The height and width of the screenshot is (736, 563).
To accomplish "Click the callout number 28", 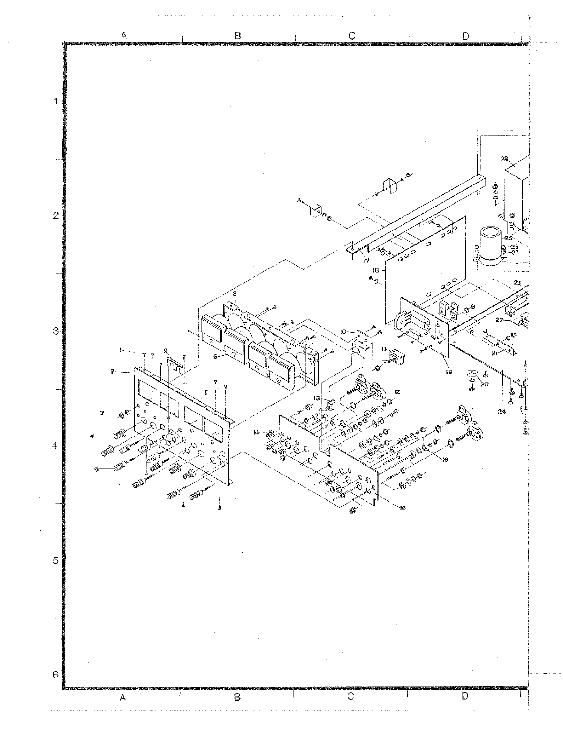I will [510, 158].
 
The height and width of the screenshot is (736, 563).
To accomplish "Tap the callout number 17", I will [365, 261].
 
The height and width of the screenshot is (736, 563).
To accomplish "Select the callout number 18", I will [376, 270].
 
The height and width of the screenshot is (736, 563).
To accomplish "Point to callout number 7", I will [189, 332].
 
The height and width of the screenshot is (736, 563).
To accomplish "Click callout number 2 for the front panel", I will [113, 371].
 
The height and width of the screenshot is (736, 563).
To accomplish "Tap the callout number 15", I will [402, 508].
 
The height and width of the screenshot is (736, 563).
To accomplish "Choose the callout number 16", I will [445, 460].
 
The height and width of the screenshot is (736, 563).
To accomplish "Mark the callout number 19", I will [449, 372].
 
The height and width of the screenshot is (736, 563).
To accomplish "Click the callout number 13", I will [317, 398].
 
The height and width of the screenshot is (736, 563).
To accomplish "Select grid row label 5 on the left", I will [56, 560].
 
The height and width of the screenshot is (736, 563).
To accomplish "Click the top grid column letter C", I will [351, 36].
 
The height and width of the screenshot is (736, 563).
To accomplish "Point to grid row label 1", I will [56, 101].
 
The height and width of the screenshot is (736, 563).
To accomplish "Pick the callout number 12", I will [397, 391].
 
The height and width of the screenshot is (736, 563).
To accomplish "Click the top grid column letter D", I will [465, 36].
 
